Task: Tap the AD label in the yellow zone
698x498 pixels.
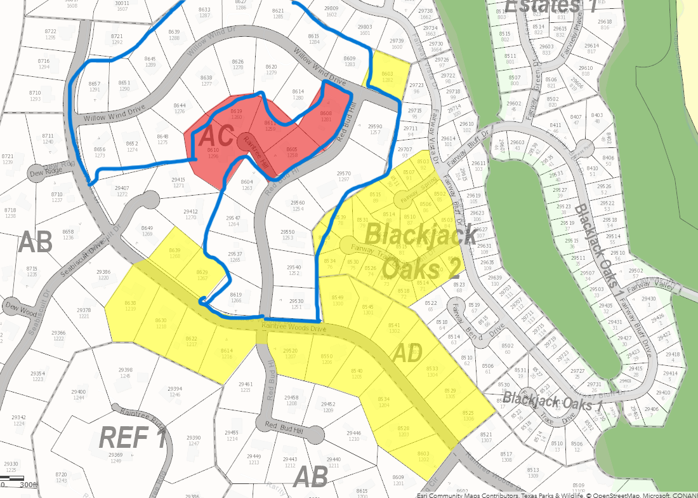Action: tap(407, 354)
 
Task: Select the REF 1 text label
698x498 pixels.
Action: tap(133, 438)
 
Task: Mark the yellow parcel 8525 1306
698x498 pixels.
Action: tap(468, 415)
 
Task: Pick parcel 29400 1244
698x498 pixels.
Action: tap(79, 394)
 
